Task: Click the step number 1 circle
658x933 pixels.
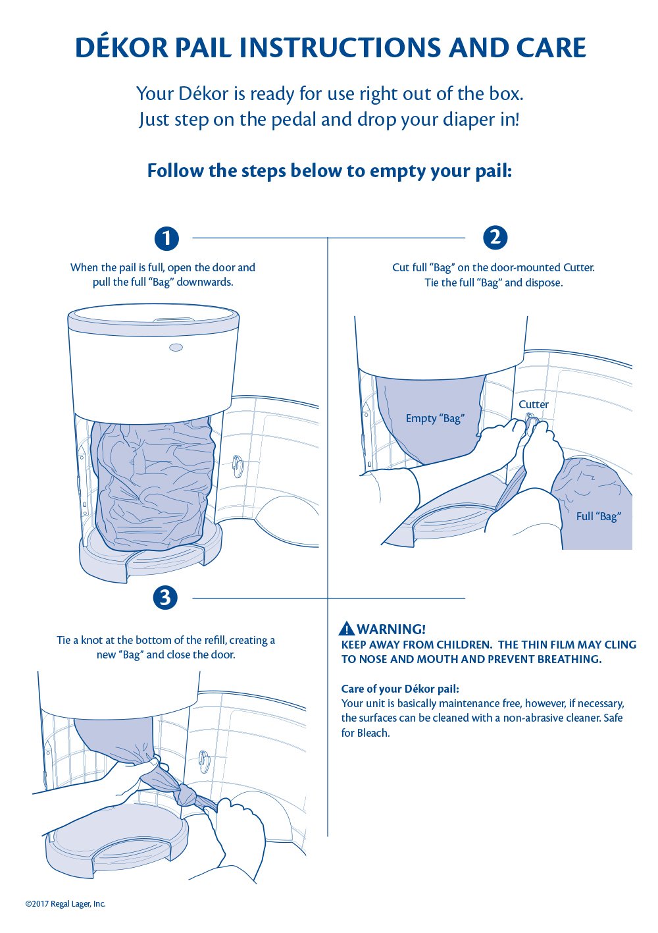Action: point(166,238)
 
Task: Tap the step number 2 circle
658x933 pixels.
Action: point(495,237)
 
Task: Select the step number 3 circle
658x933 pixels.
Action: point(165,598)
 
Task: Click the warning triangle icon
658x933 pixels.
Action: point(347,629)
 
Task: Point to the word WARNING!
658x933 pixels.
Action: point(392,629)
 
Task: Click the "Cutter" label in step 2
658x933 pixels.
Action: point(533,404)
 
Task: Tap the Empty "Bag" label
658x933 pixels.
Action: point(435,418)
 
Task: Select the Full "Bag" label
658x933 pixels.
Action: point(598,516)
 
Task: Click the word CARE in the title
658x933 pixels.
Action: point(551,48)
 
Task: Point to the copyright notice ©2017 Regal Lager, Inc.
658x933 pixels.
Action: point(65,904)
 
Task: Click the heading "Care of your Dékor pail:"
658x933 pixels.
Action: point(400,689)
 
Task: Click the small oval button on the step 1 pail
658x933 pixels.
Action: point(176,348)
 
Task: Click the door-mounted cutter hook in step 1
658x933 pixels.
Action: point(238,467)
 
